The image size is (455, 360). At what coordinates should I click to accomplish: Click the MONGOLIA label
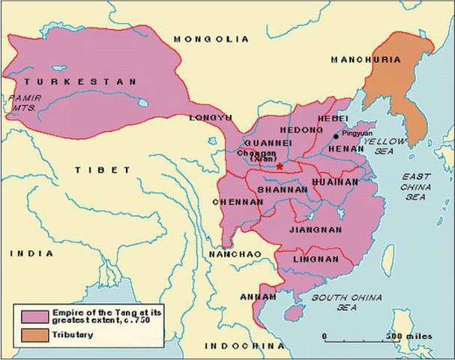tap(211, 38)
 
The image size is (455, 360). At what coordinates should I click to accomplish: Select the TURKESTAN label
tap(79, 81)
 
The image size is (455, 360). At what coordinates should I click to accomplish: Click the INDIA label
tap(31, 253)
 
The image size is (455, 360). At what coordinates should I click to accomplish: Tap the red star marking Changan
tap(280, 166)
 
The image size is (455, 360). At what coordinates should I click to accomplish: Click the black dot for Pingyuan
tap(336, 136)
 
